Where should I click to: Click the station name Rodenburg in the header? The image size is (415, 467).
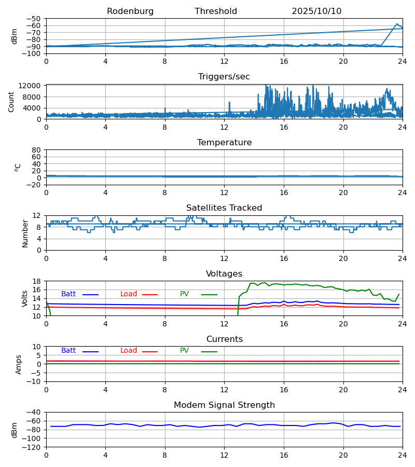click(130, 11)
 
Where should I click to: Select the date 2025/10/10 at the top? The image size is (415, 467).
click(316, 11)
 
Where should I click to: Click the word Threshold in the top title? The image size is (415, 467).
click(216, 11)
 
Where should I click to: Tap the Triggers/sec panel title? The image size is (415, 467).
click(224, 77)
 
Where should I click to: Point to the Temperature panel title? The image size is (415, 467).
click(224, 143)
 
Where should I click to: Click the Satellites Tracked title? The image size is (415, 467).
click(224, 208)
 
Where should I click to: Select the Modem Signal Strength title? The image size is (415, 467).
click(224, 405)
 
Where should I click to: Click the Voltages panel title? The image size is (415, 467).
click(224, 274)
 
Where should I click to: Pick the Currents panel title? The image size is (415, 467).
click(224, 339)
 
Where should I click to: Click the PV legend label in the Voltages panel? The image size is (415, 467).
click(184, 294)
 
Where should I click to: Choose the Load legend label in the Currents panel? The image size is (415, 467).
click(129, 351)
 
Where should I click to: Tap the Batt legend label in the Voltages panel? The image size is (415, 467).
click(68, 294)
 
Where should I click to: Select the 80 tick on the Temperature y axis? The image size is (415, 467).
click(37, 150)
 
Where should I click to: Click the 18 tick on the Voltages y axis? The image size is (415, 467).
click(37, 281)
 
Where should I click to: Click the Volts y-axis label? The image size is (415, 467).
click(25, 298)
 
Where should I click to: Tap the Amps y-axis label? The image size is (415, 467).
click(19, 364)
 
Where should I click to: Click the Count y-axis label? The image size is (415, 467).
click(12, 102)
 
